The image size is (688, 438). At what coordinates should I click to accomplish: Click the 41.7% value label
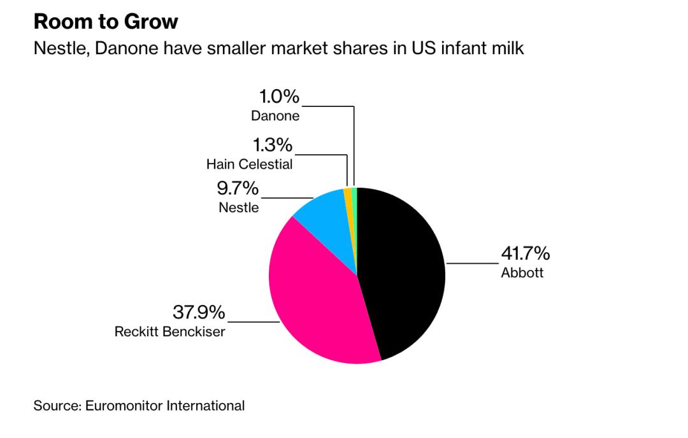pos(525,254)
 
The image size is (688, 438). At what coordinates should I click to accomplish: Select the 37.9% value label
pos(199,313)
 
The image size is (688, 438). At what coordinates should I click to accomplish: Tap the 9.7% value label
pos(238,188)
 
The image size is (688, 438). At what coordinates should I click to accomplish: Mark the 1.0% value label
pos(278,97)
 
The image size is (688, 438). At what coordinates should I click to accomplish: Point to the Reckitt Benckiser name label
pos(169,332)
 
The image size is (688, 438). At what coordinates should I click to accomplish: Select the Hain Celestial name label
pos(250,164)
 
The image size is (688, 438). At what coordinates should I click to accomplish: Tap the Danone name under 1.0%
pos(275,117)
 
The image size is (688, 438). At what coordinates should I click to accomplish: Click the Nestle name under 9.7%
pos(239,208)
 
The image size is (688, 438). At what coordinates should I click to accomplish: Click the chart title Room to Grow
pos(106,22)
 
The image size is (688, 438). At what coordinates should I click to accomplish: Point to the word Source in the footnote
pos(55,405)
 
